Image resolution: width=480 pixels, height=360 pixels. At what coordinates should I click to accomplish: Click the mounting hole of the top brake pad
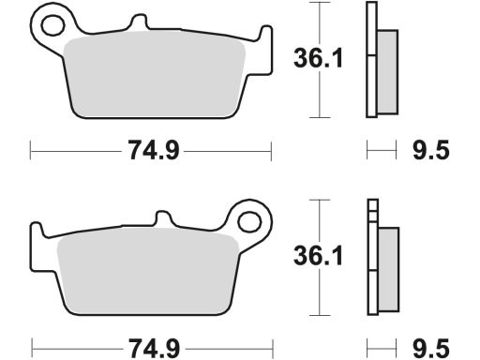(x=52, y=25)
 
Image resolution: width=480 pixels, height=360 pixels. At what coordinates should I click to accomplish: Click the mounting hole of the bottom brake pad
(x=249, y=222)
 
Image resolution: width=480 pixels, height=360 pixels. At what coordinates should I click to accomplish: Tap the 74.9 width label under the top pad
(x=154, y=150)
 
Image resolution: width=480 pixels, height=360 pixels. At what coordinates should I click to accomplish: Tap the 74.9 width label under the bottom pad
(x=155, y=348)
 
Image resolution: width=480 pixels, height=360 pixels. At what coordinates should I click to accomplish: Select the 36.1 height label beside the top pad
(x=318, y=58)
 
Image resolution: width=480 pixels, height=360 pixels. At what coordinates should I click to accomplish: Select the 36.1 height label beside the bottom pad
(x=318, y=255)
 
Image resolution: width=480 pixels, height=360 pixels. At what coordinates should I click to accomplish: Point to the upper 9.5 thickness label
(x=431, y=150)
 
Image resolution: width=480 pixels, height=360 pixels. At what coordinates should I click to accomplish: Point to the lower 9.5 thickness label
(x=431, y=348)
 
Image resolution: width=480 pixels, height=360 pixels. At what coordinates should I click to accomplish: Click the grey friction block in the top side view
(x=387, y=72)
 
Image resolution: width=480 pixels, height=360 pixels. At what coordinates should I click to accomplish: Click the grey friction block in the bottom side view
(x=388, y=269)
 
